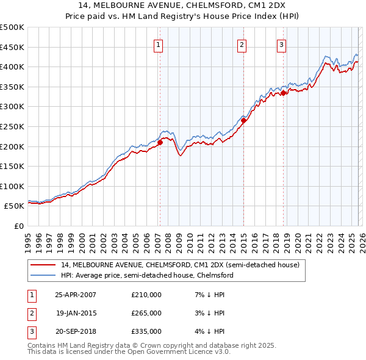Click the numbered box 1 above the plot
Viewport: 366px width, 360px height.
click(x=159, y=44)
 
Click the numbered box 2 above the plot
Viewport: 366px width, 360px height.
click(x=242, y=44)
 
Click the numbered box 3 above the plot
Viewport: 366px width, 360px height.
click(x=282, y=44)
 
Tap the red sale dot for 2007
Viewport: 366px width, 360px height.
click(x=160, y=142)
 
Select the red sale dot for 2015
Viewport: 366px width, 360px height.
click(x=243, y=120)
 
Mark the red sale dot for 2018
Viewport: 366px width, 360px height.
click(x=283, y=93)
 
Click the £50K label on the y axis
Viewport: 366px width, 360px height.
click(x=14, y=206)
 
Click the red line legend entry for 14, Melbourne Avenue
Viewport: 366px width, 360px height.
click(x=179, y=265)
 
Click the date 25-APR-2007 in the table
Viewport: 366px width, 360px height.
click(x=76, y=295)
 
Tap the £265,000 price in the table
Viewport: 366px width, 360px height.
click(x=146, y=313)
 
